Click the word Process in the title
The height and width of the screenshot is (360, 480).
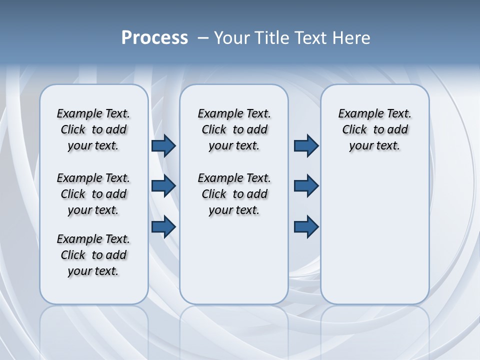click(154, 38)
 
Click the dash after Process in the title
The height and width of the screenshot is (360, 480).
click(203, 38)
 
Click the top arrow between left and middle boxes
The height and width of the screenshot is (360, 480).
click(163, 146)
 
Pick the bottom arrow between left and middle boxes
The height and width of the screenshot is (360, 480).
click(163, 227)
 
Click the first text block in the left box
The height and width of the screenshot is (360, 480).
click(93, 129)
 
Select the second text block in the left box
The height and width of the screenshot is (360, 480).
click(93, 194)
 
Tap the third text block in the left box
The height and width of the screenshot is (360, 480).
click(93, 255)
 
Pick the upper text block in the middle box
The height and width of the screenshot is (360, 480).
click(234, 129)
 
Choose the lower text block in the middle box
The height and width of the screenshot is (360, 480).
click(234, 194)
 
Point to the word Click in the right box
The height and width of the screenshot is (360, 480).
click(354, 130)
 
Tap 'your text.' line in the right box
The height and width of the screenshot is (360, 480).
click(374, 146)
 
